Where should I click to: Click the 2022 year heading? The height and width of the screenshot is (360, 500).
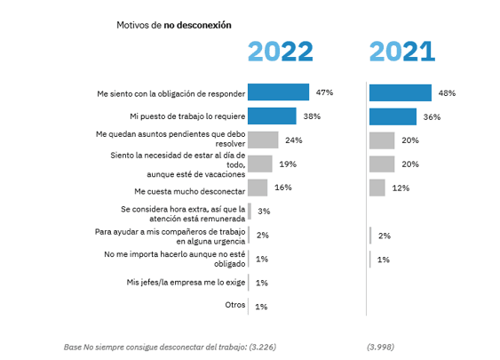280,52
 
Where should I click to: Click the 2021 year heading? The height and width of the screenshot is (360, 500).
401,52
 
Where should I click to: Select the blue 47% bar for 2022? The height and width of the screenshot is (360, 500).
278,92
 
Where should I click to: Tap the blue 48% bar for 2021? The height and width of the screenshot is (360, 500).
400,92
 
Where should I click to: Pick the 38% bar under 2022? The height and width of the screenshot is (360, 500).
272,116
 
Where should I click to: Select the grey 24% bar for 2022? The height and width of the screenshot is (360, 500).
263,140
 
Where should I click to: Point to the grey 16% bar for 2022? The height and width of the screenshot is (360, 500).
258,188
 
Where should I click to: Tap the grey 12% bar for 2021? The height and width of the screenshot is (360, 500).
377,188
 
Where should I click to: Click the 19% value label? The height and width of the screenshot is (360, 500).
287,164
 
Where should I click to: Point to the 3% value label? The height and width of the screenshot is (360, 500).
264,212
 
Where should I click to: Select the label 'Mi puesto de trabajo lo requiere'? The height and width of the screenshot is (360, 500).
185,116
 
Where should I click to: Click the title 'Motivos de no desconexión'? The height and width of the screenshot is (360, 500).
174,25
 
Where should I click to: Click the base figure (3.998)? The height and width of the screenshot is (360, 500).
381,345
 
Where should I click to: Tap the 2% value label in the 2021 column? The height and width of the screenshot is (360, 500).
384,236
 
